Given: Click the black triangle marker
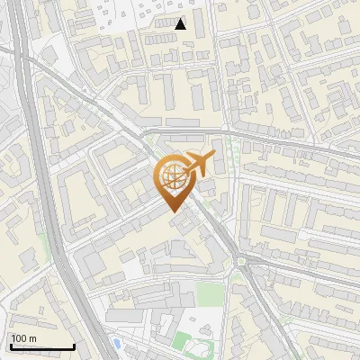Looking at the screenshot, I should tap(181, 24).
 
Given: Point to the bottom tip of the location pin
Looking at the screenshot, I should tap(173, 212).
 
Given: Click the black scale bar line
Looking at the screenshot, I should tap(41, 346).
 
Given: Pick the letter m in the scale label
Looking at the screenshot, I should tap(33, 338).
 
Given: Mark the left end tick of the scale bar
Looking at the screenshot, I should tap(10, 345).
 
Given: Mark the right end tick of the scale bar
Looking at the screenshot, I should tap(73, 345).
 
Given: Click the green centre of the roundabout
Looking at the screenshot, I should tap(241, 262).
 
